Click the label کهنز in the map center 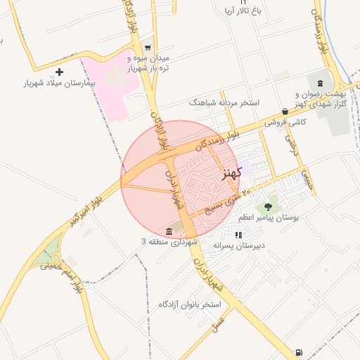(x=231, y=172)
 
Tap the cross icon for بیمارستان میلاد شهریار (x=59, y=72)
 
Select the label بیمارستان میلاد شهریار (x=60, y=83)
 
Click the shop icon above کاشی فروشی (x=284, y=111)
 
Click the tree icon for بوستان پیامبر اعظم (x=267, y=207)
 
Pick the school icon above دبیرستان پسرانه (x=238, y=235)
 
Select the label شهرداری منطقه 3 (x=168, y=242)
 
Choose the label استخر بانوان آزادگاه (x=190, y=304)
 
